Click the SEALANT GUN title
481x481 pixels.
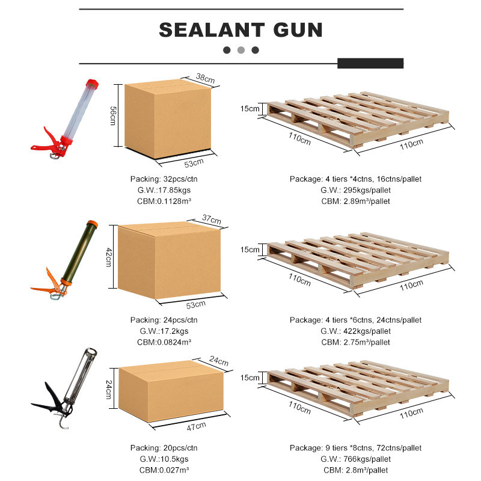(x=241, y=29)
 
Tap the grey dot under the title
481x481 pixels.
(x=241, y=50)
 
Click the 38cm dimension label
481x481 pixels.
(x=205, y=78)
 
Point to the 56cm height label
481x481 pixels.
(x=113, y=115)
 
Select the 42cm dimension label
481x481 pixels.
(x=109, y=257)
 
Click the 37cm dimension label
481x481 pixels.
(x=212, y=219)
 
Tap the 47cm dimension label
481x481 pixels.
(x=197, y=426)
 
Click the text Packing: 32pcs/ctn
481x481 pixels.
(x=164, y=179)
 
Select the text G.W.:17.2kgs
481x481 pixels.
(x=164, y=331)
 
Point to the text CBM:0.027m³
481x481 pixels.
(x=164, y=470)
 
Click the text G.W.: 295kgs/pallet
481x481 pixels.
(x=355, y=190)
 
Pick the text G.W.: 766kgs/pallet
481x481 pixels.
(x=355, y=459)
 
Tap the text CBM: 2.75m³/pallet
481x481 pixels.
(x=355, y=342)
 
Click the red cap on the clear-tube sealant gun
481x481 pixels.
(x=92, y=84)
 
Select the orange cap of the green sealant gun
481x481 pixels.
(x=93, y=224)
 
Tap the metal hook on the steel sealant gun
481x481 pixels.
(x=63, y=421)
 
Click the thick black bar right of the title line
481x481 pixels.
(x=370, y=63)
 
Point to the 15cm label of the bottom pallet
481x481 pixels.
(x=250, y=378)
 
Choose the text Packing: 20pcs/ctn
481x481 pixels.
(x=164, y=448)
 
